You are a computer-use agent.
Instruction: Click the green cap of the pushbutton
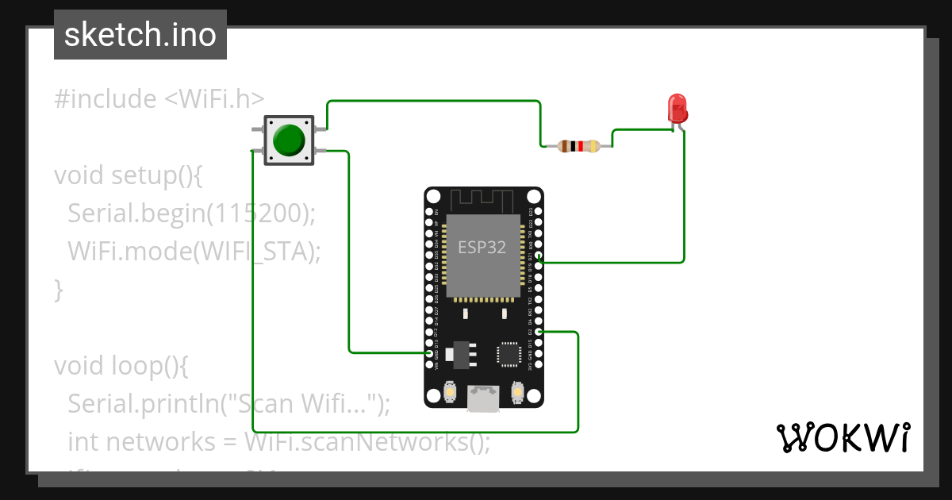288,140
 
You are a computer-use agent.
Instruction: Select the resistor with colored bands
578,145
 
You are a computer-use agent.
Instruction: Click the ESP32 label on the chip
482,247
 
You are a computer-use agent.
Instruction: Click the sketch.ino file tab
140,35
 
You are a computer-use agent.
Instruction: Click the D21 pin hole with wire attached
539,257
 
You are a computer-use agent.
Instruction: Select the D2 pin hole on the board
539,332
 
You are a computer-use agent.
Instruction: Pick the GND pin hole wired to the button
429,353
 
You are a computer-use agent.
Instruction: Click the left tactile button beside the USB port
450,391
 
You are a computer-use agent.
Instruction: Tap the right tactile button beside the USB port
517,391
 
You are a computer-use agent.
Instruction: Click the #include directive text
106,99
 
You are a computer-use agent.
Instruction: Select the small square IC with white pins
507,355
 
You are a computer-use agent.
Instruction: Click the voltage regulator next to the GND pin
457,354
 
